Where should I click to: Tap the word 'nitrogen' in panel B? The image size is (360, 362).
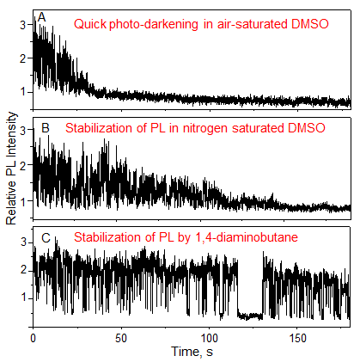coord(199,129)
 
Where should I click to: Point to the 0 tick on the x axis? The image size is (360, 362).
coord(33,337)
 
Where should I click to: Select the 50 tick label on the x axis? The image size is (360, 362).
coord(120,337)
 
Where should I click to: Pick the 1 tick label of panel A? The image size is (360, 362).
coord(22,91)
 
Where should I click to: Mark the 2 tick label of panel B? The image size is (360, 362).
coord(22,163)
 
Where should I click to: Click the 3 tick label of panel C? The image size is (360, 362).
coord(22,241)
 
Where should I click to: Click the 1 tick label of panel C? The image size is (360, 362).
coord(22,298)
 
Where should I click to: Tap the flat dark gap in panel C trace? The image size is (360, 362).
coord(250,316)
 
